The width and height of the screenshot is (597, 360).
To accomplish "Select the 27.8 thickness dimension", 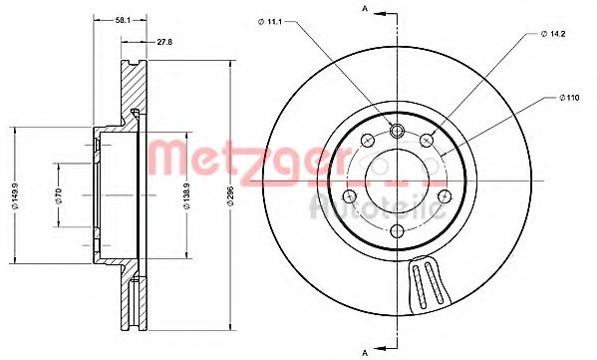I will (x=164, y=43).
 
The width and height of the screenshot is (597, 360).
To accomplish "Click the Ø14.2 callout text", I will (x=553, y=34).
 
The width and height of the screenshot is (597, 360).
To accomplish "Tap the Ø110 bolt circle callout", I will (x=567, y=98).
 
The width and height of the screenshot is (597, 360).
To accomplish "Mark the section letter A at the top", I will (x=366, y=9).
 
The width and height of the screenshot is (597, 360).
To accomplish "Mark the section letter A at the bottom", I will (x=366, y=351).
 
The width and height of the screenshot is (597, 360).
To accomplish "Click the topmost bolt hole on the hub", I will (x=397, y=130).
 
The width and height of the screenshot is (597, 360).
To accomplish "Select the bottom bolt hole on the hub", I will (x=397, y=231).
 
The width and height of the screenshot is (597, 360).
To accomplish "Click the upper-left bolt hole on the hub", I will (x=366, y=140).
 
